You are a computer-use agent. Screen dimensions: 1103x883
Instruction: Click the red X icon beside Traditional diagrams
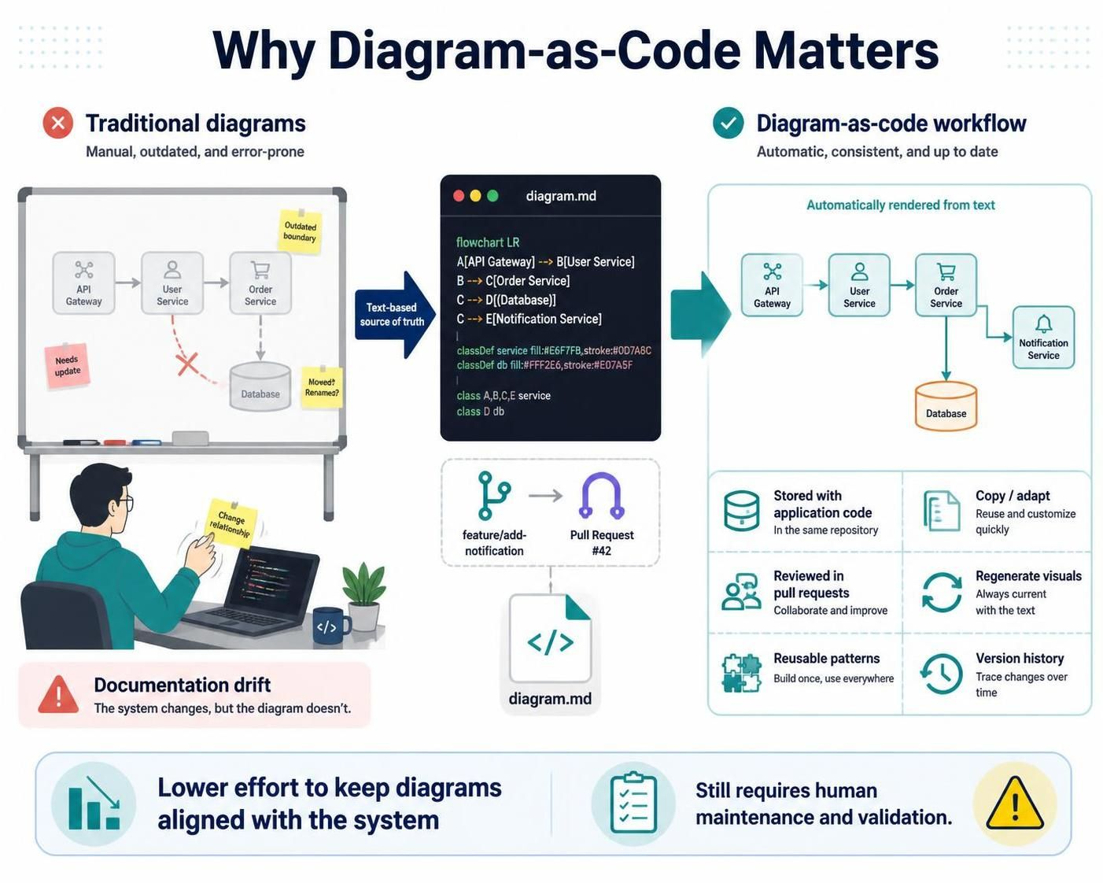pos(58,123)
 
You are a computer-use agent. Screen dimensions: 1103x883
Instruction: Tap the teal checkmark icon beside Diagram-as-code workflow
pos(728,123)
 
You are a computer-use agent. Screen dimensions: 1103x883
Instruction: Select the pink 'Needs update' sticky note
pos(67,366)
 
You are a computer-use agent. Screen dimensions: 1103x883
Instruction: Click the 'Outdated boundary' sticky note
pos(301,231)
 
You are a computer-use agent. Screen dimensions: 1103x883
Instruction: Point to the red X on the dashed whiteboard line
pos(187,364)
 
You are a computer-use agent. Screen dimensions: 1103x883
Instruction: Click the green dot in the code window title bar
pos(492,196)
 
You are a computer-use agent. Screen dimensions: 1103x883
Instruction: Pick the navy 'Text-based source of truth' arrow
pos(395,315)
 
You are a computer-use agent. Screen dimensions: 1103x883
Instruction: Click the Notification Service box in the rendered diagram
pos(1043,338)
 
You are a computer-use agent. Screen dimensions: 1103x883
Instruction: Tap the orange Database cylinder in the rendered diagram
pos(946,405)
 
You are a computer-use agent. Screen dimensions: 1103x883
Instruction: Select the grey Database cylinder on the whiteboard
pos(260,386)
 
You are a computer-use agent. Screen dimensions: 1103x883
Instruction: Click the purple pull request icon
pos(602,495)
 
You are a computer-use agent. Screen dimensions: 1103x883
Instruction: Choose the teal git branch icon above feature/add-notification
pos(493,496)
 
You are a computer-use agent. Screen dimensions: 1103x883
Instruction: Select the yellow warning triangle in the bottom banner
pos(1014,804)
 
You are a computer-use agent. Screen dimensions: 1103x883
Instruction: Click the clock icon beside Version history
pos(941,674)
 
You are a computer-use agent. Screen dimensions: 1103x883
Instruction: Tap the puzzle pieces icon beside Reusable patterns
pos(741,673)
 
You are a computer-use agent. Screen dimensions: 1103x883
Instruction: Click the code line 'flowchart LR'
pos(488,242)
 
